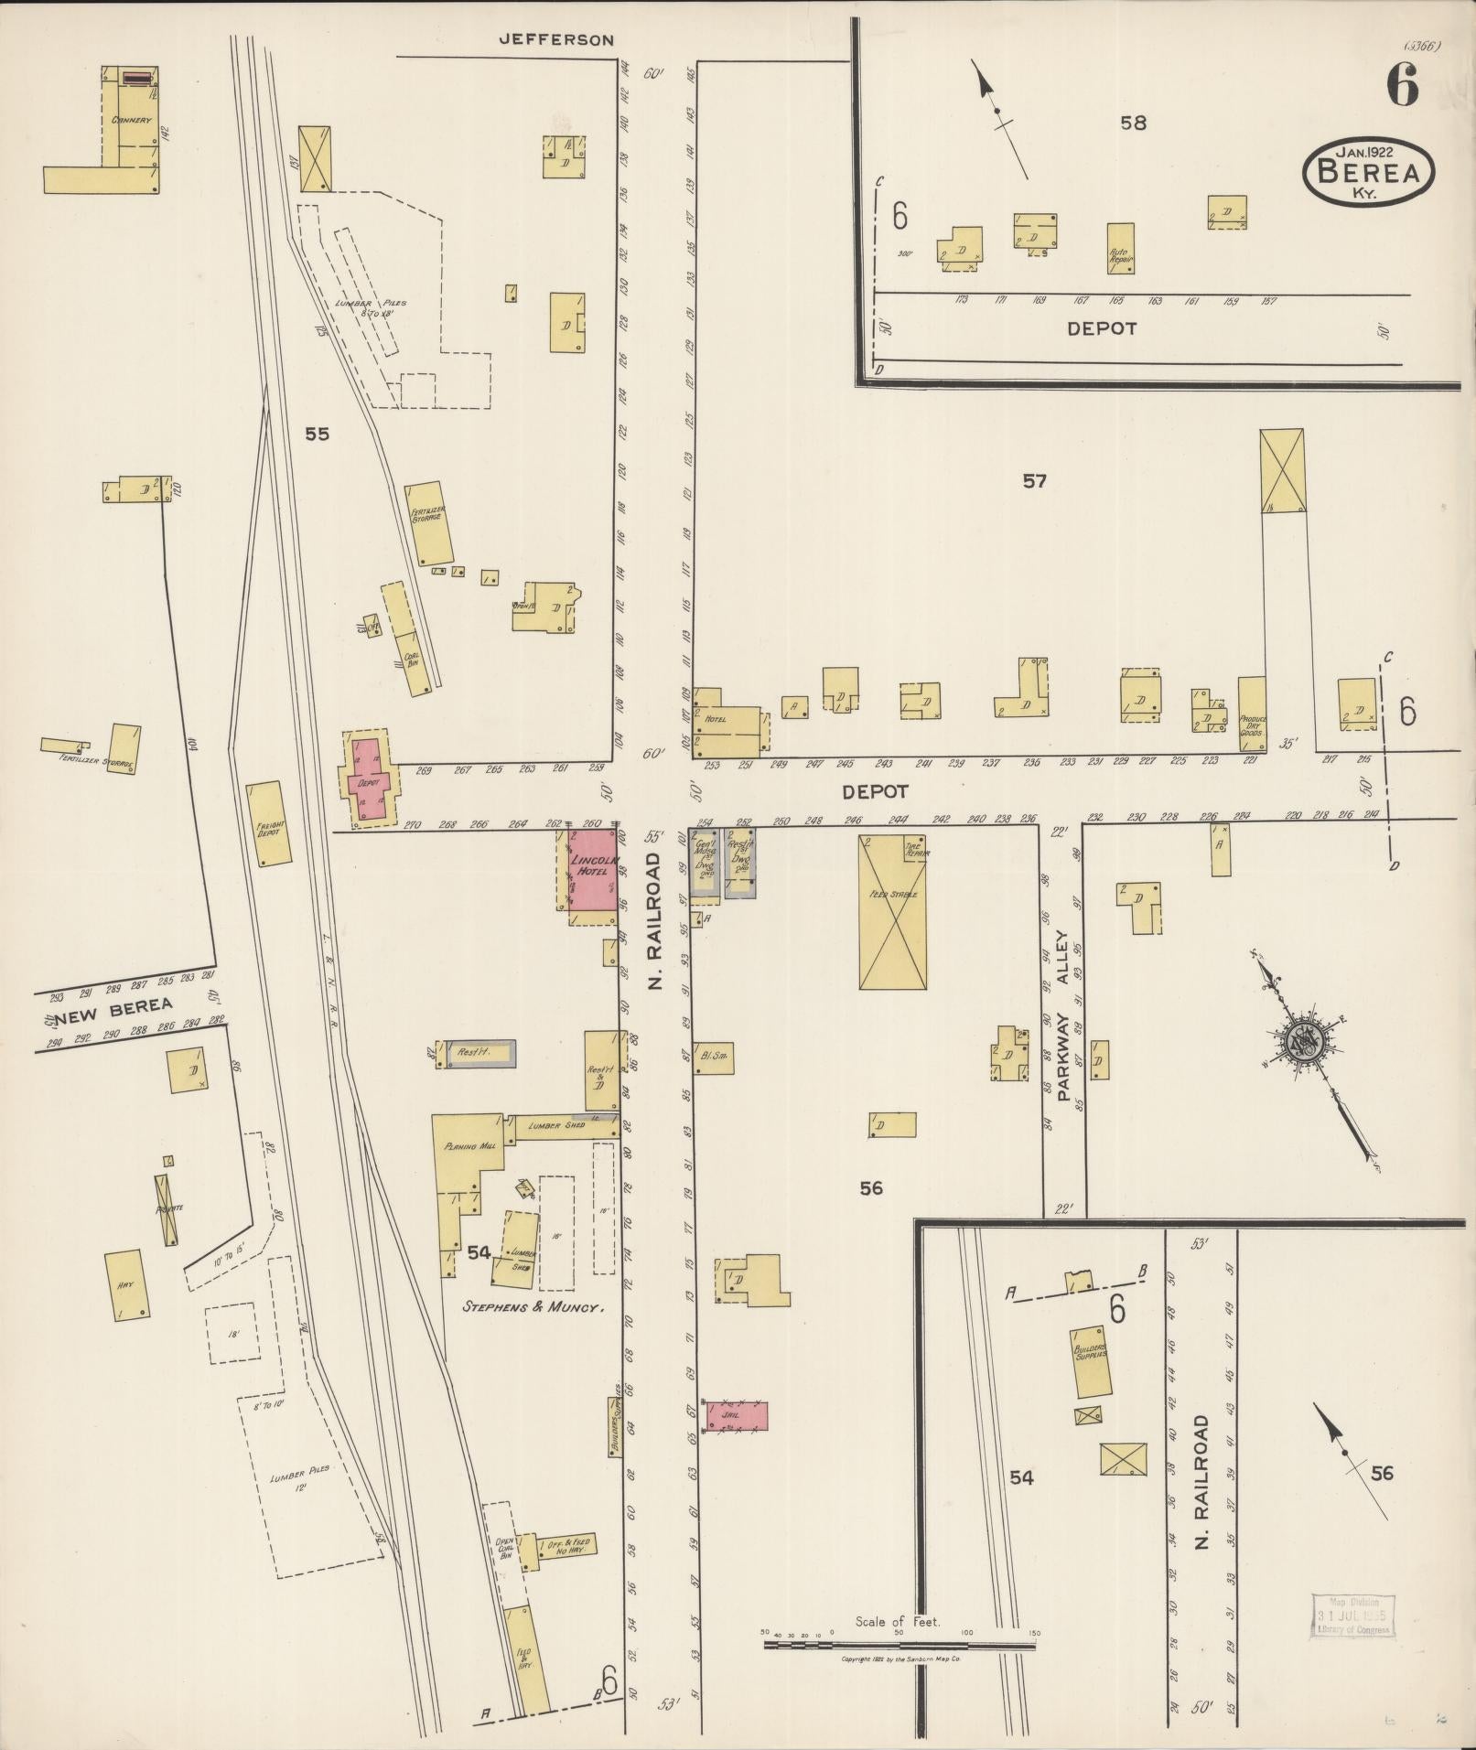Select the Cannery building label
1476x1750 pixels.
coord(131,120)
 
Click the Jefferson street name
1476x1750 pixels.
coord(555,39)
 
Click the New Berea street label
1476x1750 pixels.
coord(113,1006)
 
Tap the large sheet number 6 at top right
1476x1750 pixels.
coord(1401,87)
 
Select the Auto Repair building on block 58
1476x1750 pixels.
coord(1121,249)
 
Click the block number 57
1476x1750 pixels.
coord(1034,481)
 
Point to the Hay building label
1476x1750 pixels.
coord(125,1284)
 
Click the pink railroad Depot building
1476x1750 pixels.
coord(369,780)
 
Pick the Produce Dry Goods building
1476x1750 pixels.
coord(1252,714)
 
